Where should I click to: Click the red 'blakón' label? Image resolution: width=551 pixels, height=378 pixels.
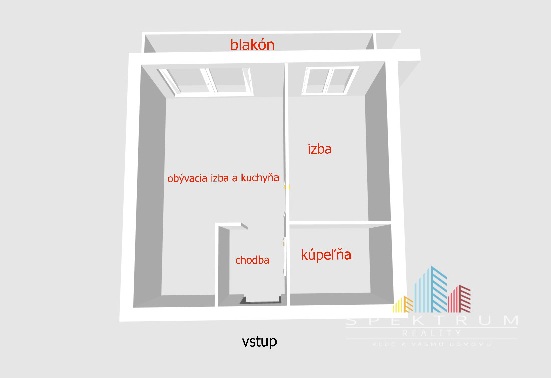[252, 44]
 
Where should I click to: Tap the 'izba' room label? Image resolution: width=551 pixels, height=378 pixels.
[320, 149]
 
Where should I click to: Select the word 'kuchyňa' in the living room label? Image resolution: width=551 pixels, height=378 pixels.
[259, 178]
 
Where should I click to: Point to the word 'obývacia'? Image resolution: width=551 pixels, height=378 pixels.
[187, 178]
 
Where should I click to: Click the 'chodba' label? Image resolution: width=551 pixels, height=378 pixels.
[252, 260]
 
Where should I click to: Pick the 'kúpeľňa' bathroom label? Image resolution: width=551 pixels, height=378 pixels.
[326, 254]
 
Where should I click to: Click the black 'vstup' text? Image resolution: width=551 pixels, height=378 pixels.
[259, 341]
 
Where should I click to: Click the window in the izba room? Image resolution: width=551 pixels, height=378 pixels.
[329, 81]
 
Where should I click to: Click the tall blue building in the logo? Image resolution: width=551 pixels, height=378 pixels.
[431, 289]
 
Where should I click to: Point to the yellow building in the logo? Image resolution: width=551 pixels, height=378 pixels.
[403, 304]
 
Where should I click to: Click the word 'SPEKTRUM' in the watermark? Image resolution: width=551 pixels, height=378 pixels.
[432, 320]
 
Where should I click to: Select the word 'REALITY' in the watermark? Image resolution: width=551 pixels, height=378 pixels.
[431, 333]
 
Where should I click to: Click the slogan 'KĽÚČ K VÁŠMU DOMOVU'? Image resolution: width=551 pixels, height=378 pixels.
[432, 344]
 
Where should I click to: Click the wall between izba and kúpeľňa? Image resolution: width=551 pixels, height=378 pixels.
[340, 223]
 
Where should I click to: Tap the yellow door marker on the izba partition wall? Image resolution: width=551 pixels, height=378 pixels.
[286, 187]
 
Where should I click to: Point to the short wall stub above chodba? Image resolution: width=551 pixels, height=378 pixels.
[231, 225]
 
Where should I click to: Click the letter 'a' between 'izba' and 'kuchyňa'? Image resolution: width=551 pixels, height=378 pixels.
[235, 179]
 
